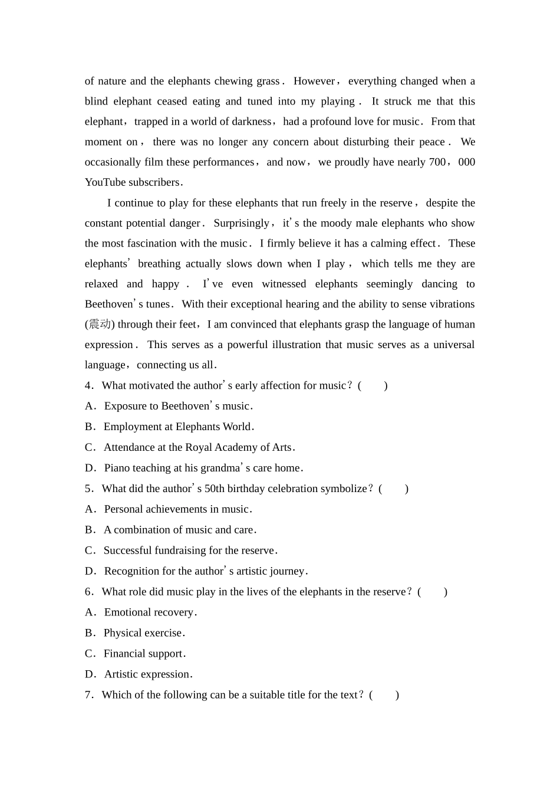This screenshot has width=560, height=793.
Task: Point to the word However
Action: [314, 81]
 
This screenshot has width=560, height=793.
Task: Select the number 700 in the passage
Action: [437, 162]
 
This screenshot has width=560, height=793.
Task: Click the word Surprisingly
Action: [241, 223]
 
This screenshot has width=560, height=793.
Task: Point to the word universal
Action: [454, 345]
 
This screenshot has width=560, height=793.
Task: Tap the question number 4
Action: [88, 386]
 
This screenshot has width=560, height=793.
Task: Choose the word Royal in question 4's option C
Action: [199, 447]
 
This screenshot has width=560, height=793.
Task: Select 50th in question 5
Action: [215, 489]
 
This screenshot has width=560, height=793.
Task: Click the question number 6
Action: [88, 592]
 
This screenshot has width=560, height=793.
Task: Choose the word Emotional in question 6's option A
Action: [128, 612]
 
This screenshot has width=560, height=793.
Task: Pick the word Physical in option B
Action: [122, 633]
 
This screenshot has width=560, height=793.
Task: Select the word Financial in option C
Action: [125, 654]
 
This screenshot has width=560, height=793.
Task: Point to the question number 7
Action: [88, 695]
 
